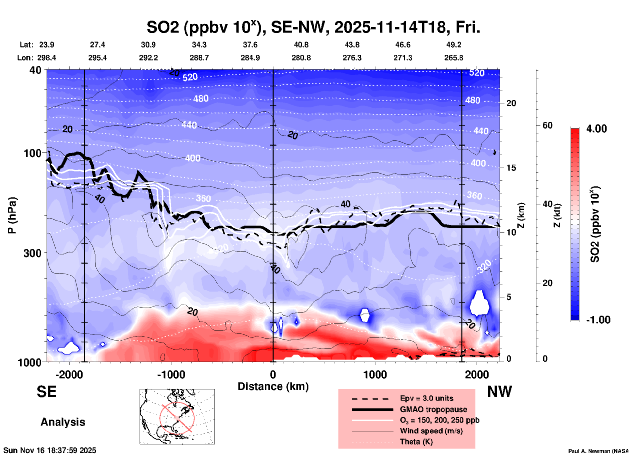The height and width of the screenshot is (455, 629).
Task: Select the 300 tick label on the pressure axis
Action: [32, 253]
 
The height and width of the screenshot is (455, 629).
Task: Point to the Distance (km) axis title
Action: [273, 386]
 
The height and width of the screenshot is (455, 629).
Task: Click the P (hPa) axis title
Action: [12, 215]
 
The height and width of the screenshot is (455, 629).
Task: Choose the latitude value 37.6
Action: [250, 45]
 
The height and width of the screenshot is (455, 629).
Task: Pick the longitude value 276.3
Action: [352, 58]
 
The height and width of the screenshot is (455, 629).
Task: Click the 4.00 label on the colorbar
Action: [596, 129]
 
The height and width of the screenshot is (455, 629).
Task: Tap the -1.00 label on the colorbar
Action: [598, 320]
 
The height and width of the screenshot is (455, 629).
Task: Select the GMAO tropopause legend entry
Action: [433, 409]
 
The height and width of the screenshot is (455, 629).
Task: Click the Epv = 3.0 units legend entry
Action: [427, 398]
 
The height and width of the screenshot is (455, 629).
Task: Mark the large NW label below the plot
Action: [499, 392]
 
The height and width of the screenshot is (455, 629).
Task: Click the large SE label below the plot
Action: [46, 392]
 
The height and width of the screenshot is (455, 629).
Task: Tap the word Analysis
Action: [63, 422]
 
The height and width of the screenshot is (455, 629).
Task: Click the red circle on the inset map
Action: [177, 418]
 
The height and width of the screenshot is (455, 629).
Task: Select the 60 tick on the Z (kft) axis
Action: [547, 125]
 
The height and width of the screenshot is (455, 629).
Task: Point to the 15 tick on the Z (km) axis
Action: [511, 168]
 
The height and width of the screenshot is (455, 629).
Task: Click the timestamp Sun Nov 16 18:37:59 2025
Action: [50, 450]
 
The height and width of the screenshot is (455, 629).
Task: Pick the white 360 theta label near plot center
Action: [203, 198]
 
